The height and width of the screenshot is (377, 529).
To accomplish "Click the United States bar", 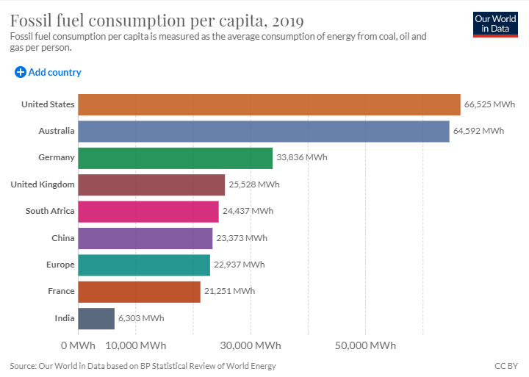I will pos(269,104).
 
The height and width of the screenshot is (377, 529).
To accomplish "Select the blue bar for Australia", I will pos(263,132).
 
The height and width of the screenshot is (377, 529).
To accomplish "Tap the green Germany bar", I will pos(175,158).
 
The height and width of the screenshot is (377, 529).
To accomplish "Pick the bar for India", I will pos(96,318).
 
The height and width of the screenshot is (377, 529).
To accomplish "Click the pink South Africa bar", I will pos(148,212).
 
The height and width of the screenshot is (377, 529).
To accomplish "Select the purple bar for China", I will pos(145,238).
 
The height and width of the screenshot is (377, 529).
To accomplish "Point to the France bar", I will pos(139,292).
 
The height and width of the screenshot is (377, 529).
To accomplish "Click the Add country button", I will pos(48,72).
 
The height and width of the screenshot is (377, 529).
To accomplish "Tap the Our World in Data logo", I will pos(494,24).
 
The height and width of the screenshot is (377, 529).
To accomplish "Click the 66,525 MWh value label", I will pos(489,104).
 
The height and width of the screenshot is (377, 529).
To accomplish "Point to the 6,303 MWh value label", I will pos(141,318).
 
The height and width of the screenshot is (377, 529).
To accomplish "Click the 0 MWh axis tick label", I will pos(78,345).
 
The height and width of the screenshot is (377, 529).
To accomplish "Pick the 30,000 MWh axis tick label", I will pos(251,345).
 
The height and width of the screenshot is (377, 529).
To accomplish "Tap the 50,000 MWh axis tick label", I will pos(366,345).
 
